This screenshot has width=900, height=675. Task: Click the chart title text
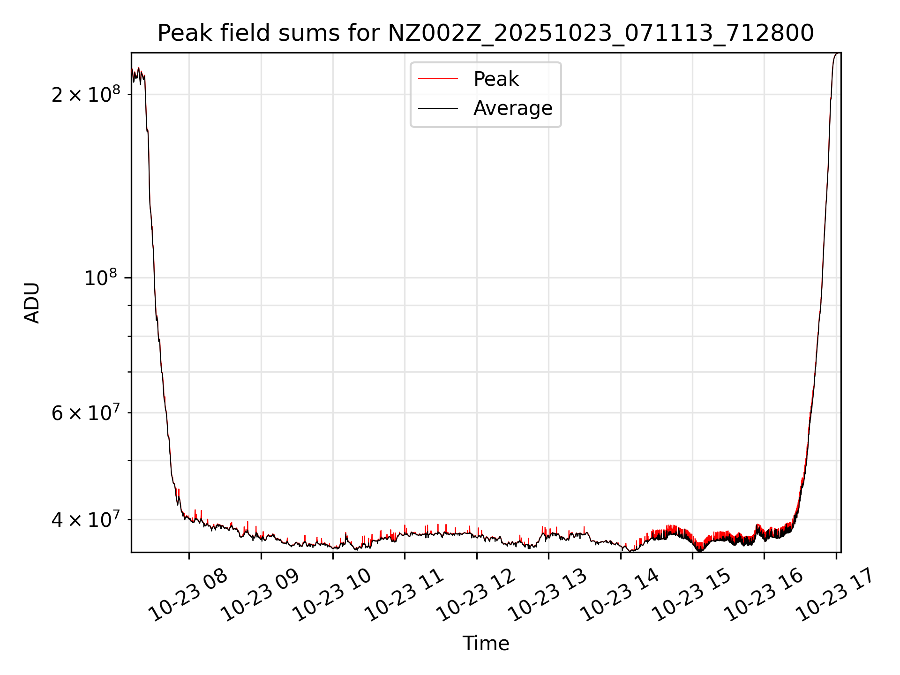[x=486, y=33]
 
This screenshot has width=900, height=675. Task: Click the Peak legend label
[x=496, y=79]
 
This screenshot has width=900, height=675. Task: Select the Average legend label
[x=513, y=108]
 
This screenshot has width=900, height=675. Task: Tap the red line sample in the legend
[x=438, y=79]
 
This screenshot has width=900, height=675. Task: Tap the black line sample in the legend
[x=438, y=108]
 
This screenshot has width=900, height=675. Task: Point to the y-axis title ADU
[x=32, y=303]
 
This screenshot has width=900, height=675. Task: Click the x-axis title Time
[x=486, y=644]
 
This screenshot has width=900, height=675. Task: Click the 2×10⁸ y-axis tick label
[x=86, y=94]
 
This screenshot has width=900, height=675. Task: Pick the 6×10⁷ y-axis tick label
[x=86, y=413]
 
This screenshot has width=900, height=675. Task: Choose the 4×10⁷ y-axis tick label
[x=86, y=519]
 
